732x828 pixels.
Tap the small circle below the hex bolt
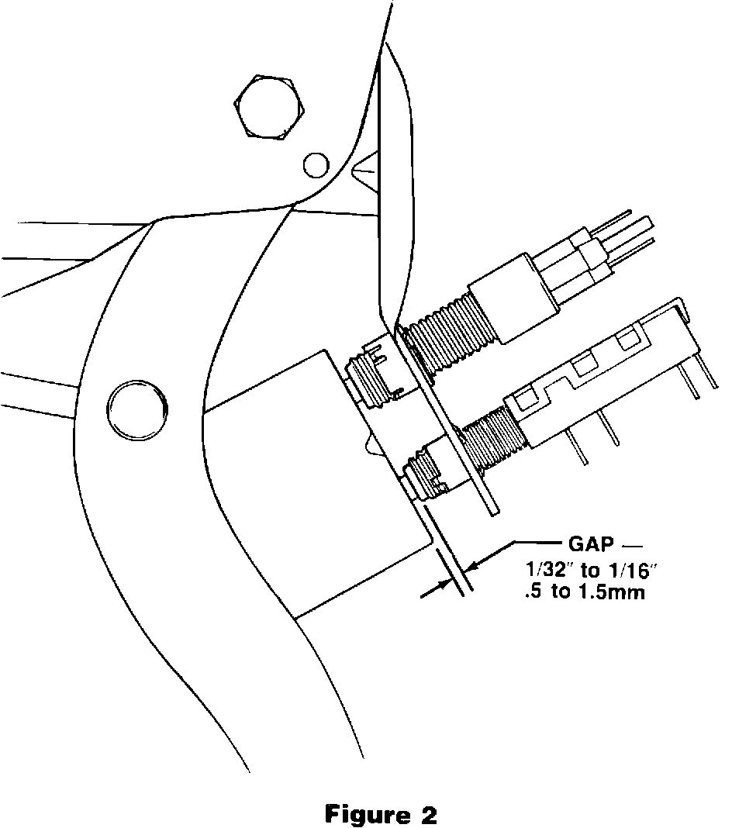(x=315, y=165)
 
